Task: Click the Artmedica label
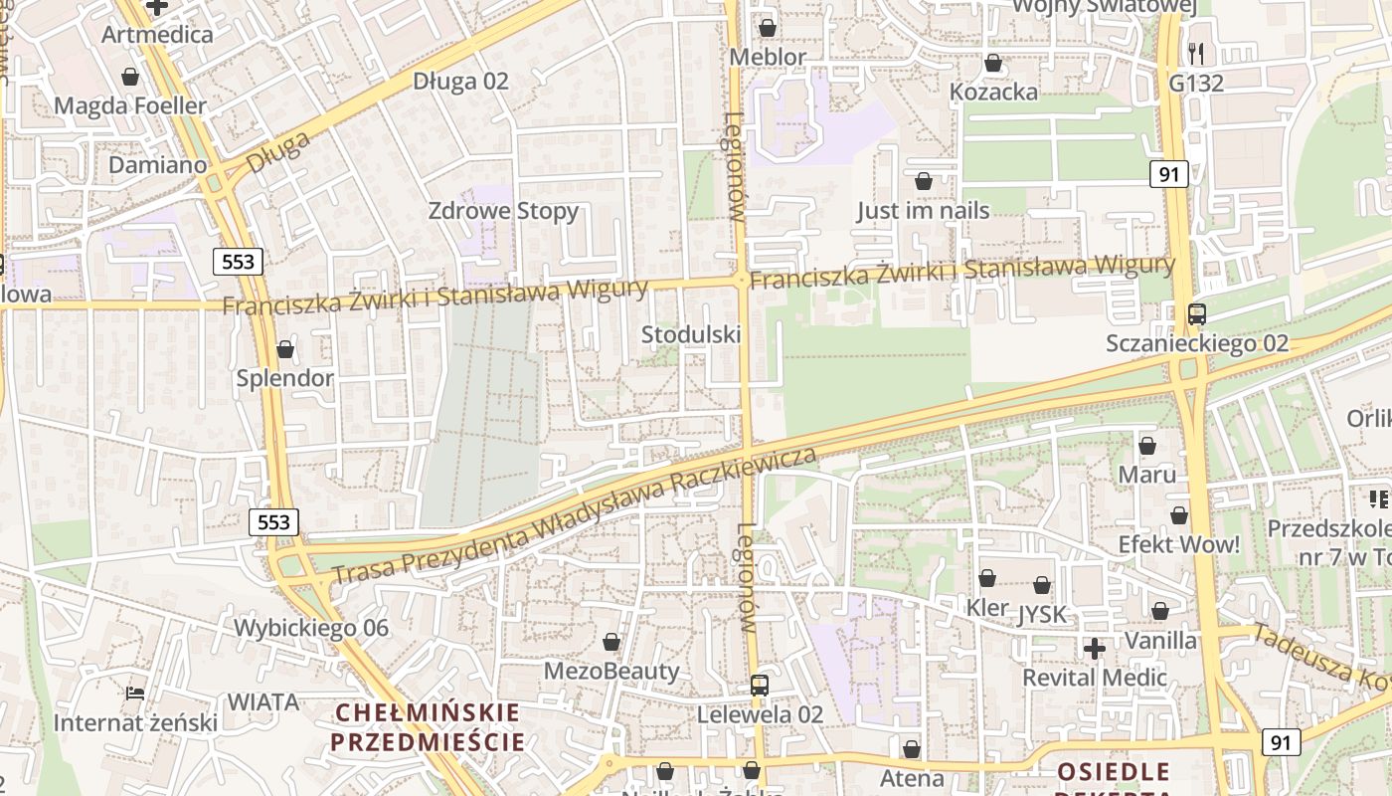tap(157, 35)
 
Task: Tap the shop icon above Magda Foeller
tap(130, 77)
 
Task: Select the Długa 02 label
tap(460, 81)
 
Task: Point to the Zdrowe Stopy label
tap(503, 211)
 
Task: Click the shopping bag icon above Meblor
tap(767, 28)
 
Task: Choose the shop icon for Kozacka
tap(992, 64)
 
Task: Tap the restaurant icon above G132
tap(1196, 54)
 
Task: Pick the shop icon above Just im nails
tap(923, 181)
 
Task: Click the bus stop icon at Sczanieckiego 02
tap(1197, 314)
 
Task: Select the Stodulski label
tap(691, 334)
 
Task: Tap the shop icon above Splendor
tap(285, 349)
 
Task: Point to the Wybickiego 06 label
tap(311, 628)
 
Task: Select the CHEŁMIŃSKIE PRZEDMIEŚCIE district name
tap(428, 727)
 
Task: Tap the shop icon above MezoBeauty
tap(611, 642)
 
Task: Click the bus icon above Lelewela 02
tap(760, 685)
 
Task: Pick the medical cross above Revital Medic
tap(1095, 649)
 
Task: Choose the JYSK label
tap(1042, 615)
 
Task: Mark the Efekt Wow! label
tap(1179, 544)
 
